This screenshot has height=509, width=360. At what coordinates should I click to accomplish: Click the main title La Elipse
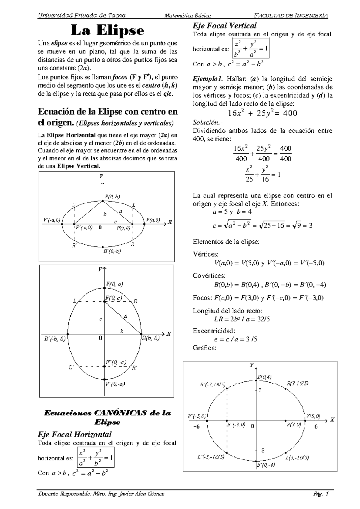tap(107, 31)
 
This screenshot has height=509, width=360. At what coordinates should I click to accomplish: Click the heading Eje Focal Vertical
tap(225, 26)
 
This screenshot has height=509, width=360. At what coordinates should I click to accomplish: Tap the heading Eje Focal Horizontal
tap(74, 434)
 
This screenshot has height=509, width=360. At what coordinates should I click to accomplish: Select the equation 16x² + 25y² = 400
tap(262, 113)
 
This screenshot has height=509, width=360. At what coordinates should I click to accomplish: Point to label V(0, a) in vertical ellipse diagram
tap(114, 284)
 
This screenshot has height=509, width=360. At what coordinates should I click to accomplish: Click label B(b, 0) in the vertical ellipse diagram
tap(151, 339)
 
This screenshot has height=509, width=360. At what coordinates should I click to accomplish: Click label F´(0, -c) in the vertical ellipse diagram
tap(116, 362)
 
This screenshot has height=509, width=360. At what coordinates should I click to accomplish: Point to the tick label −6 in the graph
tap(196, 426)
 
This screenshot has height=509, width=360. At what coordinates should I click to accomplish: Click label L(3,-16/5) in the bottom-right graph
tap(297, 458)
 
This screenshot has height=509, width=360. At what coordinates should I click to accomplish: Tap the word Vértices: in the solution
tap(205, 254)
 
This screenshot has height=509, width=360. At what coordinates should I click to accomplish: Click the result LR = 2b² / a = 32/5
tap(242, 319)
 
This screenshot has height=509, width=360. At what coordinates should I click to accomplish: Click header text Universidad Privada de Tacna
tap(82, 16)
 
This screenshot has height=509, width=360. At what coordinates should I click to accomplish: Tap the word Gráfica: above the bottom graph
tap(204, 348)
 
